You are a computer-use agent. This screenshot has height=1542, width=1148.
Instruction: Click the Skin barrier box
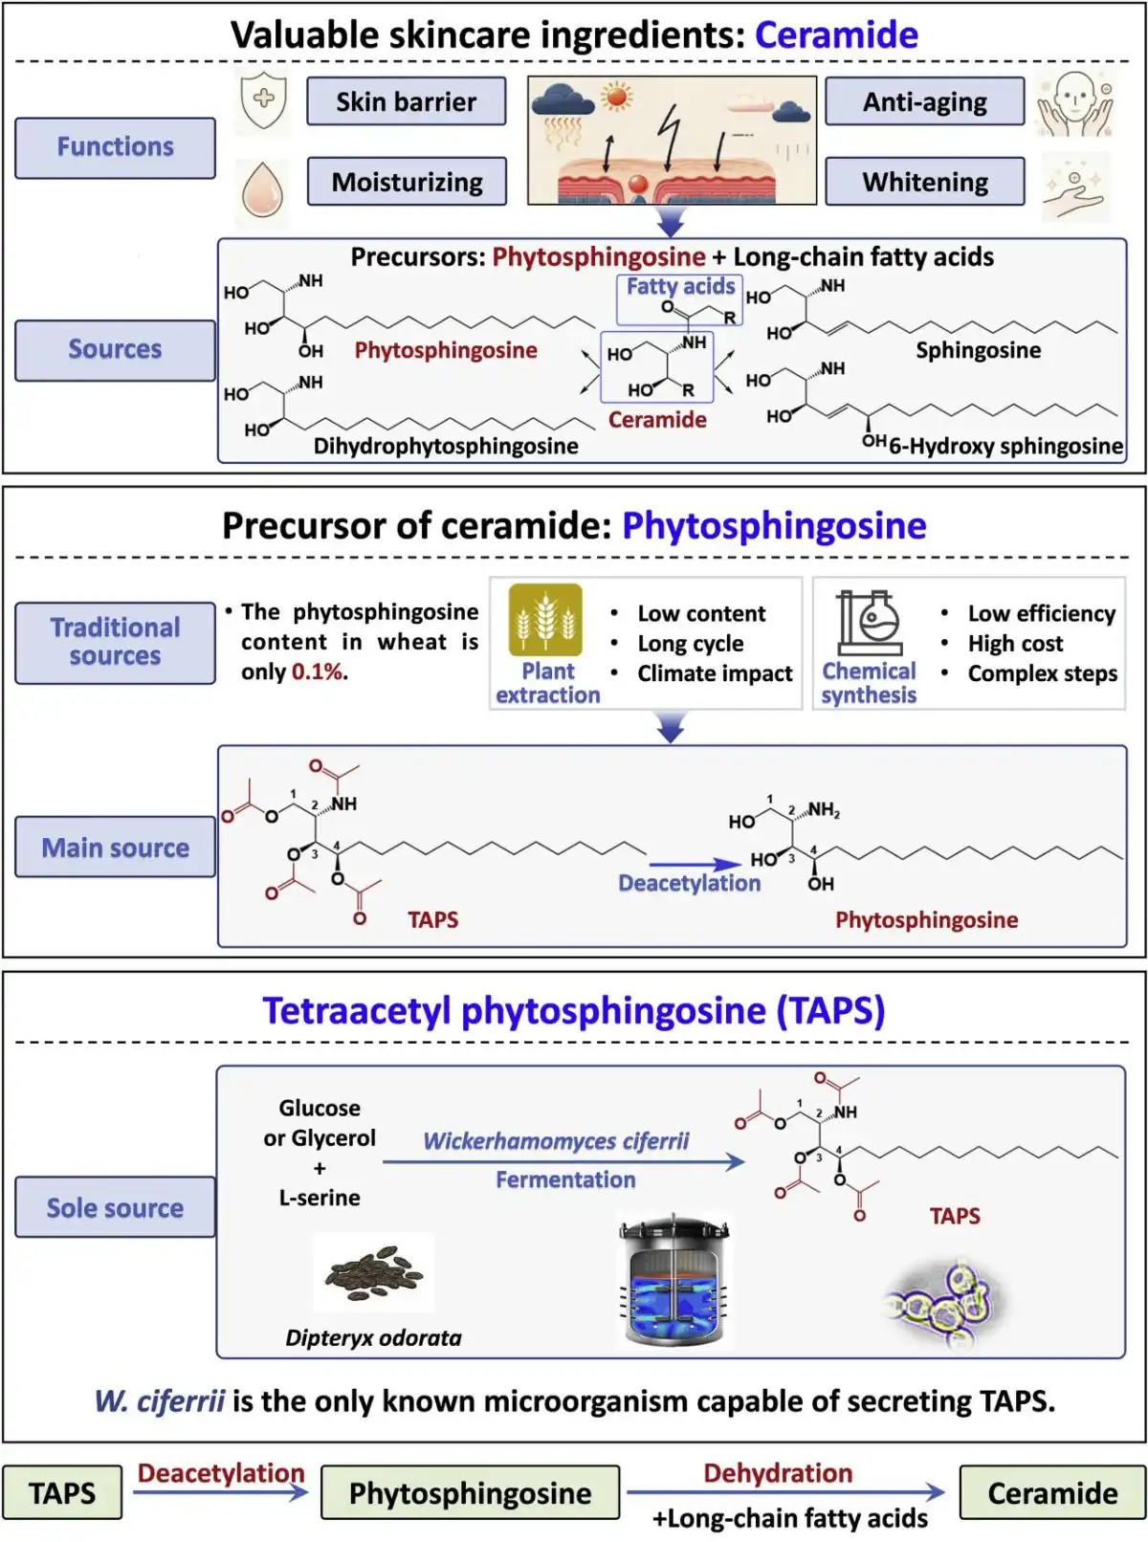pos(406,101)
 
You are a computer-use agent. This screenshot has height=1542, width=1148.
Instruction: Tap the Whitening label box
pos(924,182)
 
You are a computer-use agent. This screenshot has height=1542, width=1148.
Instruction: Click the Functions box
pos(115,147)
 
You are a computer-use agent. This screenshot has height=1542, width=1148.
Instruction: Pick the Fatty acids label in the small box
pos(680,286)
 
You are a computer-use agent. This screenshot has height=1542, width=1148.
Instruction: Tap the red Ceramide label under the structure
pos(657,420)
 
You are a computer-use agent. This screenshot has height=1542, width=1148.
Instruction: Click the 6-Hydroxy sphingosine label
pos(1004,446)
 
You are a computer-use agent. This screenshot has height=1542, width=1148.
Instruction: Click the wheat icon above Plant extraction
pos(545,620)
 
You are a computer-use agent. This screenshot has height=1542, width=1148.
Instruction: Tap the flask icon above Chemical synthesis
pos(869,622)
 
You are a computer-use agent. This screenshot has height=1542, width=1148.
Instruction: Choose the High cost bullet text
pos(1015,643)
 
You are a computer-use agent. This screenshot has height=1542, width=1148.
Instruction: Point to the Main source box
pos(115,848)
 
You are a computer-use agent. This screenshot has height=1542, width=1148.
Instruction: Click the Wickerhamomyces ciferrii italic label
pos(556,1141)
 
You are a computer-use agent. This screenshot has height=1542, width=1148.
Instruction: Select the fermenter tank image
pos(673,1282)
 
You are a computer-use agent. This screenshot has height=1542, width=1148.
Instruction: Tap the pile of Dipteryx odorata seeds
pos(374,1272)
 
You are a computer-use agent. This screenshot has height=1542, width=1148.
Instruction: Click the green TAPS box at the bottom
pos(62,1492)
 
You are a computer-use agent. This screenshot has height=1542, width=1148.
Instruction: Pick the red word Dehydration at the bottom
pos(777,1473)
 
